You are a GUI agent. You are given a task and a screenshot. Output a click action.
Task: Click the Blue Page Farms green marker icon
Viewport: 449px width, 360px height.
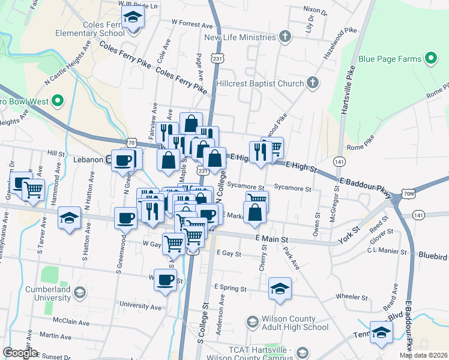(430, 59)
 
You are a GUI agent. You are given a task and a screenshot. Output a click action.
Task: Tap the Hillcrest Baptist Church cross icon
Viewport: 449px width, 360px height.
(312, 83)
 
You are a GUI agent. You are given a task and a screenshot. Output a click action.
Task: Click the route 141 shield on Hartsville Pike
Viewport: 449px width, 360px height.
(340, 162)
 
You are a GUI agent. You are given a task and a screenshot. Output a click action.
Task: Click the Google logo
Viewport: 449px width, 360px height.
(20, 353)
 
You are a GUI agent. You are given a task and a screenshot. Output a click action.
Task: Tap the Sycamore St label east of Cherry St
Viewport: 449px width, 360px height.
(292, 188)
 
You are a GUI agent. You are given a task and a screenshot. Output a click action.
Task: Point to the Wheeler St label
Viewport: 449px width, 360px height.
(352, 297)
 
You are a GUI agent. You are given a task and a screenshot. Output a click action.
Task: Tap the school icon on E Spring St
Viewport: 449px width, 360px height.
(280, 289)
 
